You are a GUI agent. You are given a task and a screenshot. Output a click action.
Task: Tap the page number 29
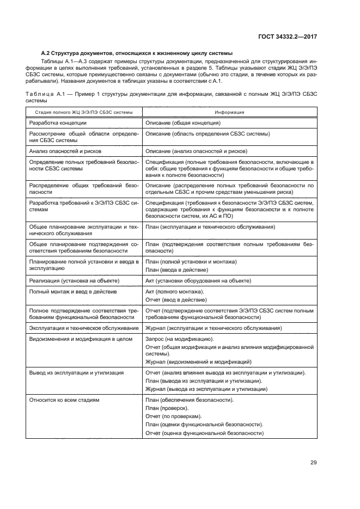click(313, 463)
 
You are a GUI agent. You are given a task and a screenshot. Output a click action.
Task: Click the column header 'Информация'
click(229, 112)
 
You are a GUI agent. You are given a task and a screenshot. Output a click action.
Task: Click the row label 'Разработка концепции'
click(57, 124)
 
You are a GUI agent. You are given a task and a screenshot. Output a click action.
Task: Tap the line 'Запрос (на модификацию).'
click(179, 339)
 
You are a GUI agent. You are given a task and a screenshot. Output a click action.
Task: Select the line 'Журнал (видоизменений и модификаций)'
click(198, 361)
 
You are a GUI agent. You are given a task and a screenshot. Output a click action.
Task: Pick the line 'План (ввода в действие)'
click(176, 269)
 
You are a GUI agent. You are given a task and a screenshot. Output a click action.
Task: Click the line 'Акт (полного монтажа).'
click(175, 292)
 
